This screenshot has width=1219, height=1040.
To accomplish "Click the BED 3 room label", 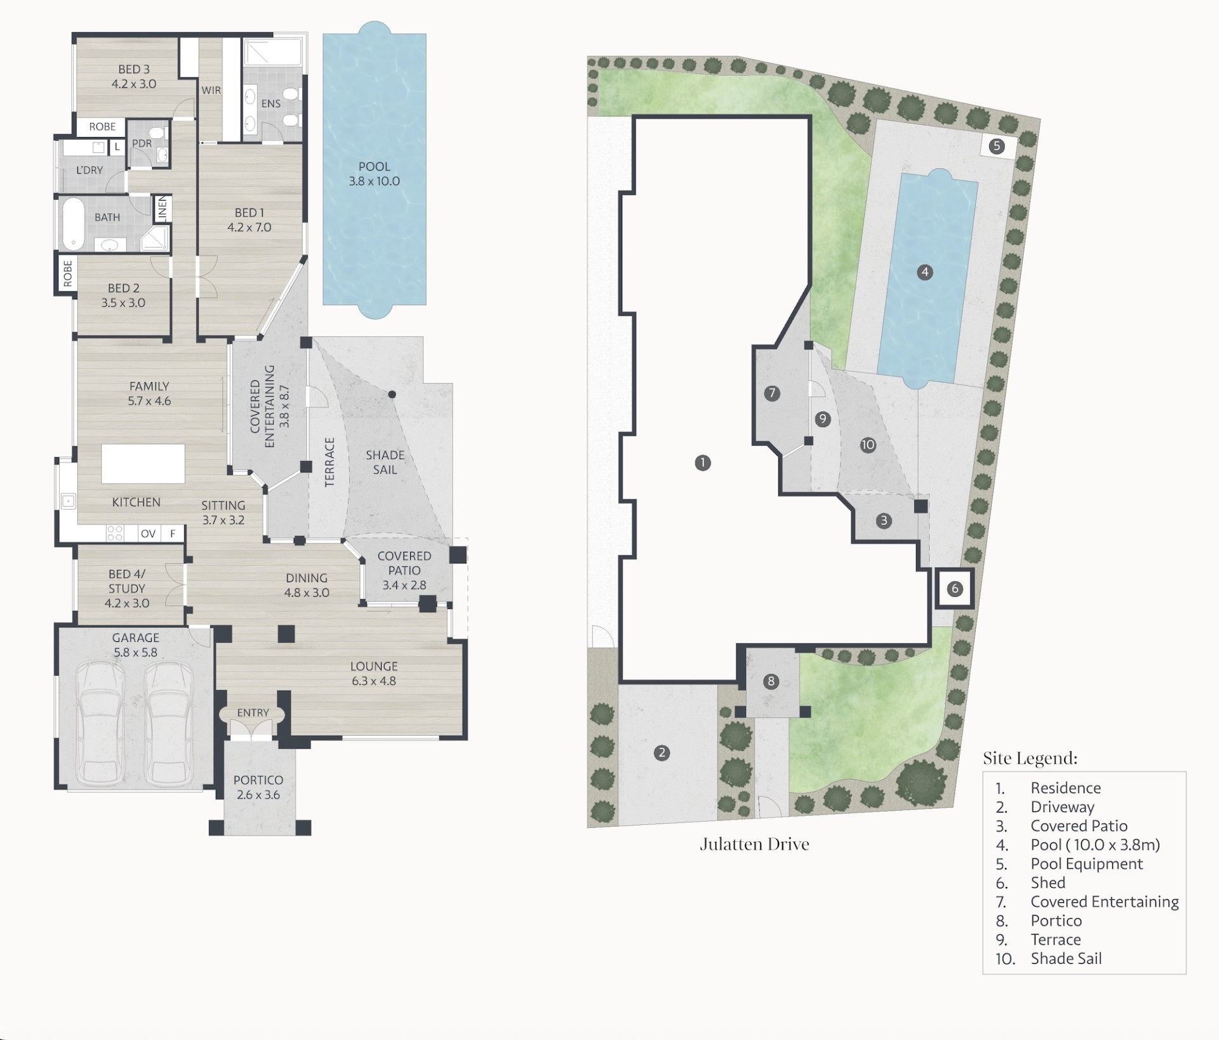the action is point(134,76).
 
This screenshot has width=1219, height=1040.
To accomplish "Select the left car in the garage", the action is point(100,723).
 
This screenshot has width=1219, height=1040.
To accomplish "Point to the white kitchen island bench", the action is point(143,463).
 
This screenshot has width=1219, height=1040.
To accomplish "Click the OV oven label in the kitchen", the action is point(148,533).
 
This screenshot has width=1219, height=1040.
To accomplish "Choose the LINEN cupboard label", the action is point(162,208).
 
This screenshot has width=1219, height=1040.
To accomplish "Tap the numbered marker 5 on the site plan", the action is point(997,147).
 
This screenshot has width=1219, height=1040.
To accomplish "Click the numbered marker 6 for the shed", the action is point(955,589).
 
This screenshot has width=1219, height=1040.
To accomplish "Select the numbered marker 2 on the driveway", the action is point(662,753).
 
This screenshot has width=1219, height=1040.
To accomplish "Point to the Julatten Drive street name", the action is point(754,844).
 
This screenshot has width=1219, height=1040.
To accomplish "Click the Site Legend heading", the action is point(1030,758).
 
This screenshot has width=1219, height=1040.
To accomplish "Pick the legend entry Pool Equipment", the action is point(1086,864).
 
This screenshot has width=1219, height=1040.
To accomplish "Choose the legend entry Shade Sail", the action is point(1066,959).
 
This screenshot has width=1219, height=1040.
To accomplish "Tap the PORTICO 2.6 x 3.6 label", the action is point(258,787).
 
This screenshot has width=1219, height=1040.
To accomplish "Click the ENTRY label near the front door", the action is point(253,713).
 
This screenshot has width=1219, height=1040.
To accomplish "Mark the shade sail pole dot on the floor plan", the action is point(392,395).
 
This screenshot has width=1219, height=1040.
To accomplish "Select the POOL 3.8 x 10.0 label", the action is point(375,174).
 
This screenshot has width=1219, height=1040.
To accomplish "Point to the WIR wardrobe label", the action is point(211,90).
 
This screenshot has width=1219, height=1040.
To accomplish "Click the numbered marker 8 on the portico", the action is point(771,682).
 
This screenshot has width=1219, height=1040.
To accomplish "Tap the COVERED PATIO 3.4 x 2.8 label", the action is point(404,570).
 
